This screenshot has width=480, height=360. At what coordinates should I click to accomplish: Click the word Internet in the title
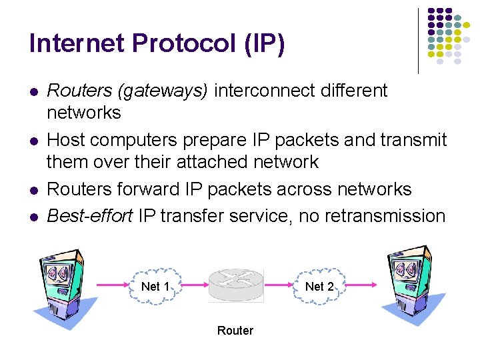[x=77, y=43]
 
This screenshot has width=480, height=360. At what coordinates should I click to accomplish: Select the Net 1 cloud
[x=155, y=287]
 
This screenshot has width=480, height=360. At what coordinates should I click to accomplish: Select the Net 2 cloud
[x=319, y=287]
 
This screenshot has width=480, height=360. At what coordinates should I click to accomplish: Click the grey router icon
[x=236, y=285]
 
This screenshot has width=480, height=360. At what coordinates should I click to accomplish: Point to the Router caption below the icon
[x=235, y=331]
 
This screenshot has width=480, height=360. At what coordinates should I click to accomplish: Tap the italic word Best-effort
[x=89, y=216]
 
